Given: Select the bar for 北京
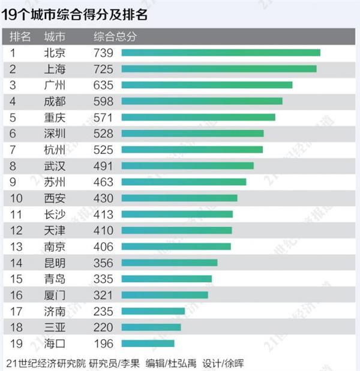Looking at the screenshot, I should click(221, 53).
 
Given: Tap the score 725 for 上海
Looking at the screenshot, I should click(104, 69).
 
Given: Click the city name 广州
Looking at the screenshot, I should click(55, 85).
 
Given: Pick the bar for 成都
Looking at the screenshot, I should click(202, 101).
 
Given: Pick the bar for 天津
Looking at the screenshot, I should click(176, 230).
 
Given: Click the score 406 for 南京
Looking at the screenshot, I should click(104, 246).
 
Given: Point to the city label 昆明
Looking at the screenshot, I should click(55, 263).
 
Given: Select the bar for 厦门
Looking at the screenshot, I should click(164, 295).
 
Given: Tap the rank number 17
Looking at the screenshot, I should click(16, 311).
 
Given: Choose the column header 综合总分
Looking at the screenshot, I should click(115, 37).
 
